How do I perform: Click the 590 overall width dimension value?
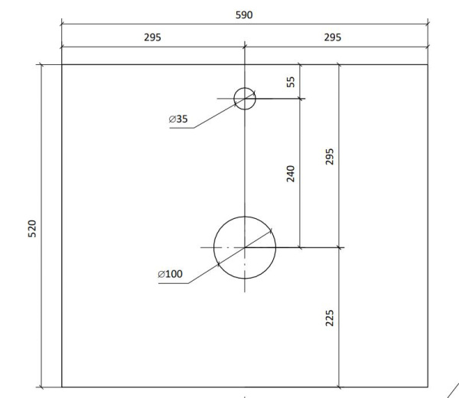pyautogui.click(x=244, y=15)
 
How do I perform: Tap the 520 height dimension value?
pyautogui.click(x=32, y=229)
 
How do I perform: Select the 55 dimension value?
pyautogui.click(x=291, y=82)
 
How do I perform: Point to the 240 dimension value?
pyautogui.click(x=291, y=174)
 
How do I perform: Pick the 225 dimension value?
pyautogui.click(x=329, y=318)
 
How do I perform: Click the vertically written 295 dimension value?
pyautogui.click(x=329, y=157)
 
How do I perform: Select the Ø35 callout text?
pyautogui.click(x=178, y=119)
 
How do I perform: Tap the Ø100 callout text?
pyautogui.click(x=170, y=274)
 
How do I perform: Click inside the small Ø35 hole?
pyautogui.click(x=245, y=99)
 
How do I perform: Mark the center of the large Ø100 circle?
pyautogui.click(x=245, y=248)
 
